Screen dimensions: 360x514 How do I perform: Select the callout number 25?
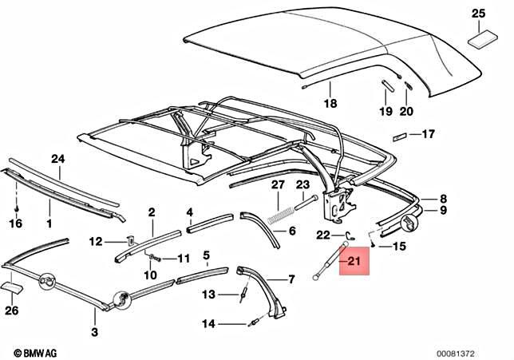(x=477, y=13)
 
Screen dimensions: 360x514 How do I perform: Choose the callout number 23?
(x=302, y=186)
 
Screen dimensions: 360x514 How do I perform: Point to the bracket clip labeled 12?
(x=131, y=239)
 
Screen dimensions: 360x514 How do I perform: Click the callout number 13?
(x=208, y=295)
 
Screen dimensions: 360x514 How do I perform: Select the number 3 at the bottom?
(x=93, y=332)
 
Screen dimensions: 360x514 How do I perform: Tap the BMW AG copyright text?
(x=32, y=352)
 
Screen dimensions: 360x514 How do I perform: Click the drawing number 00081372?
(x=477, y=352)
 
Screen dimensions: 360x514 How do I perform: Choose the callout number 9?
(x=445, y=212)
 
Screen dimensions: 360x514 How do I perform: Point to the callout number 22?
(x=323, y=234)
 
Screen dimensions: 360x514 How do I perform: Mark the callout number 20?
(x=407, y=111)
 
